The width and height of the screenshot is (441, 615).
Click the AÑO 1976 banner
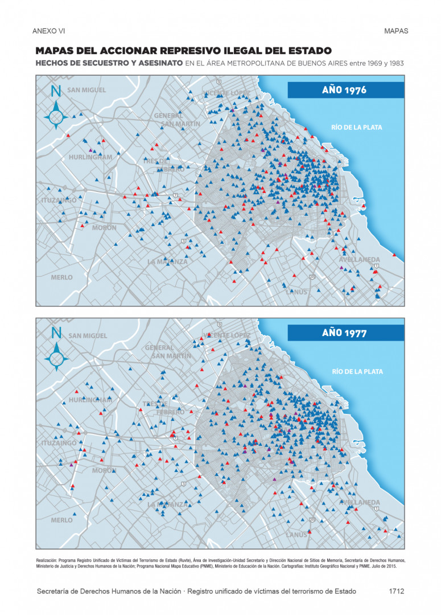(345, 90)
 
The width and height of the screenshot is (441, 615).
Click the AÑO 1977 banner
(345, 333)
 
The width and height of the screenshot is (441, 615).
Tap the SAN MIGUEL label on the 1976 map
(86, 90)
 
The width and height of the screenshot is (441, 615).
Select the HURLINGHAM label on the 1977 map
(90, 400)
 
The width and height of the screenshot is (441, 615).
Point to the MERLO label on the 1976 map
(62, 277)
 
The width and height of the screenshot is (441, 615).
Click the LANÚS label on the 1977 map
(296, 535)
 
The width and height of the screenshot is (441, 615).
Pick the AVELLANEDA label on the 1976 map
(359, 260)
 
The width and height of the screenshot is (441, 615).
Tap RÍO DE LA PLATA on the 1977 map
(357, 372)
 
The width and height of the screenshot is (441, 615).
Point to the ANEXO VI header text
(49, 31)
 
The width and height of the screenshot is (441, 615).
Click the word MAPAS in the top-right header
(396, 31)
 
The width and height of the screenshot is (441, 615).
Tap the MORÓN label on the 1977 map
(104, 471)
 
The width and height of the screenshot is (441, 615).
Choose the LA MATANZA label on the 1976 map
(167, 262)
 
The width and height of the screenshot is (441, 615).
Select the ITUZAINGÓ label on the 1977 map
(59, 443)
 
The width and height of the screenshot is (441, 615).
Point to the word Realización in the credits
(48, 560)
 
